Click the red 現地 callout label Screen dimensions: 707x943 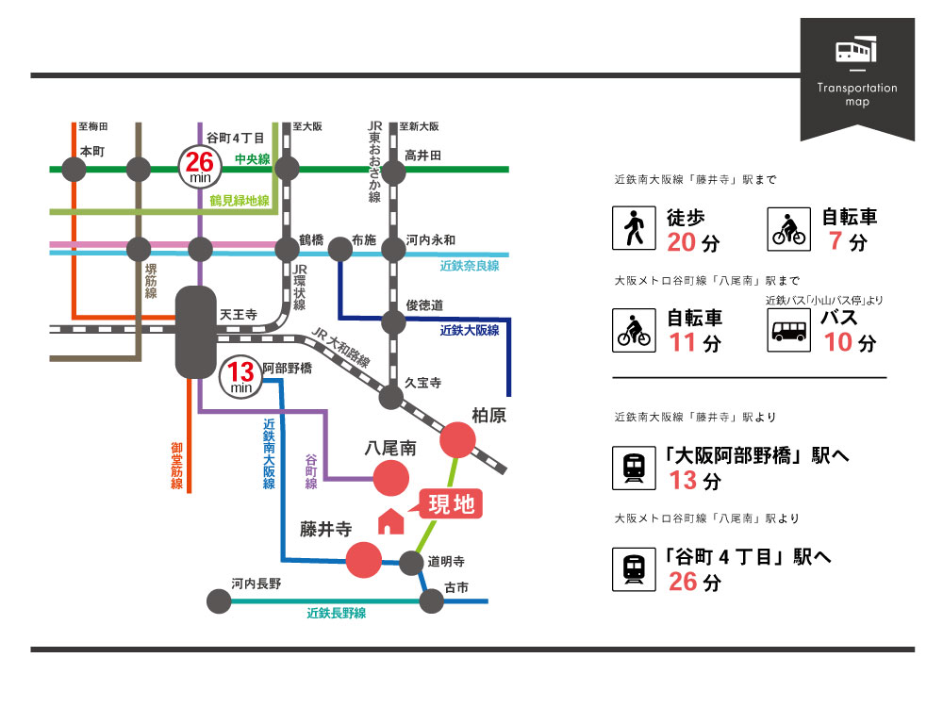coord(451,504)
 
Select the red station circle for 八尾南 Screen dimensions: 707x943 coord(392,479)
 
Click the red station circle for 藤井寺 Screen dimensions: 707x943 coord(365,560)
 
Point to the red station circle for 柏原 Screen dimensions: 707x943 coord(458,440)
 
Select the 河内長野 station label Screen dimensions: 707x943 coord(256,584)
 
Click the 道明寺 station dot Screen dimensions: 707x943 coord(410,564)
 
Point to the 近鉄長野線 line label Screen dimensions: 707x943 coord(336,613)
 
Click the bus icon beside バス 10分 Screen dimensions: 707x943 coord(787,331)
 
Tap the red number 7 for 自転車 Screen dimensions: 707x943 coord(834,241)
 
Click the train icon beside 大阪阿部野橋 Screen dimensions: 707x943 coord(634,469)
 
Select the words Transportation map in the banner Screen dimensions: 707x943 coord(857,94)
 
